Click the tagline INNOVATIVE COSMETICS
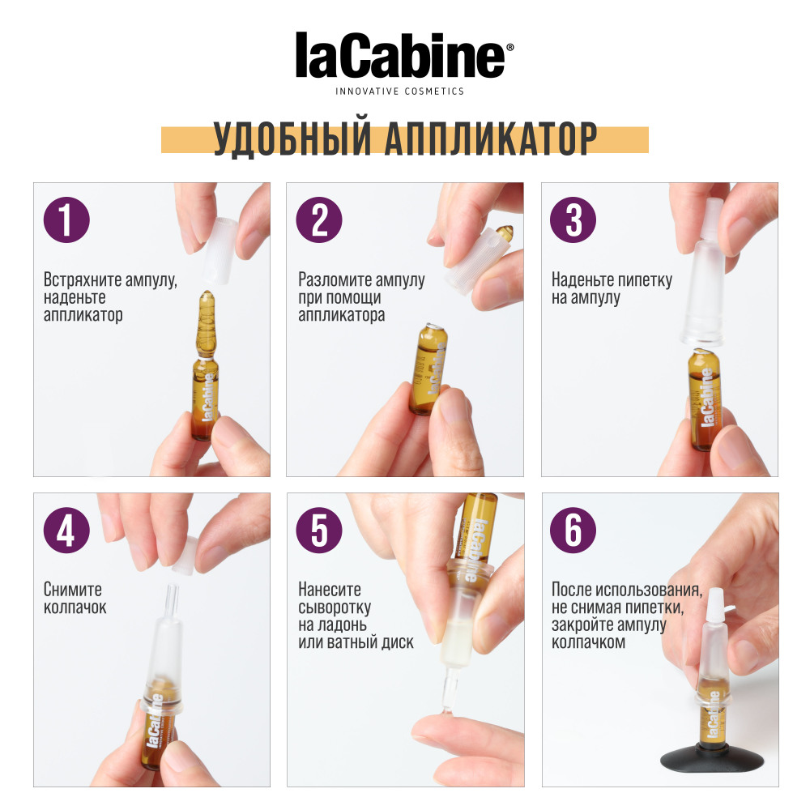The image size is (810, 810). click(x=400, y=92)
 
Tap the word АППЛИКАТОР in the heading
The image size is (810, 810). click(x=490, y=140)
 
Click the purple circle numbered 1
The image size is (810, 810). click(x=66, y=220)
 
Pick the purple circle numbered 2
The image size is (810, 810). click(x=319, y=220)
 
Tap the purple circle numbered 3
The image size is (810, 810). click(x=573, y=220)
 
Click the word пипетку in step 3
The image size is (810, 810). click(x=646, y=281)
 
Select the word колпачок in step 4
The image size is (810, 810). click(x=75, y=607)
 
